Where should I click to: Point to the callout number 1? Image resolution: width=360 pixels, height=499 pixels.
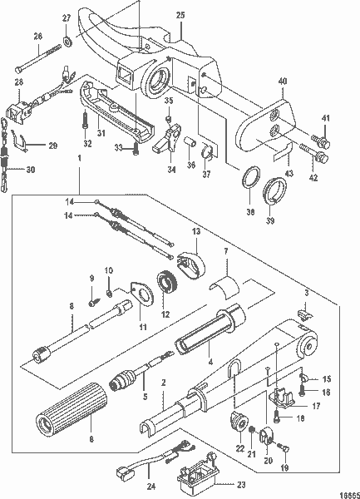80,158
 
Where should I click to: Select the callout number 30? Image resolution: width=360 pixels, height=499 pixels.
32,170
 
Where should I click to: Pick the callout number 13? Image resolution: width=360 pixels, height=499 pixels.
196,231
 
